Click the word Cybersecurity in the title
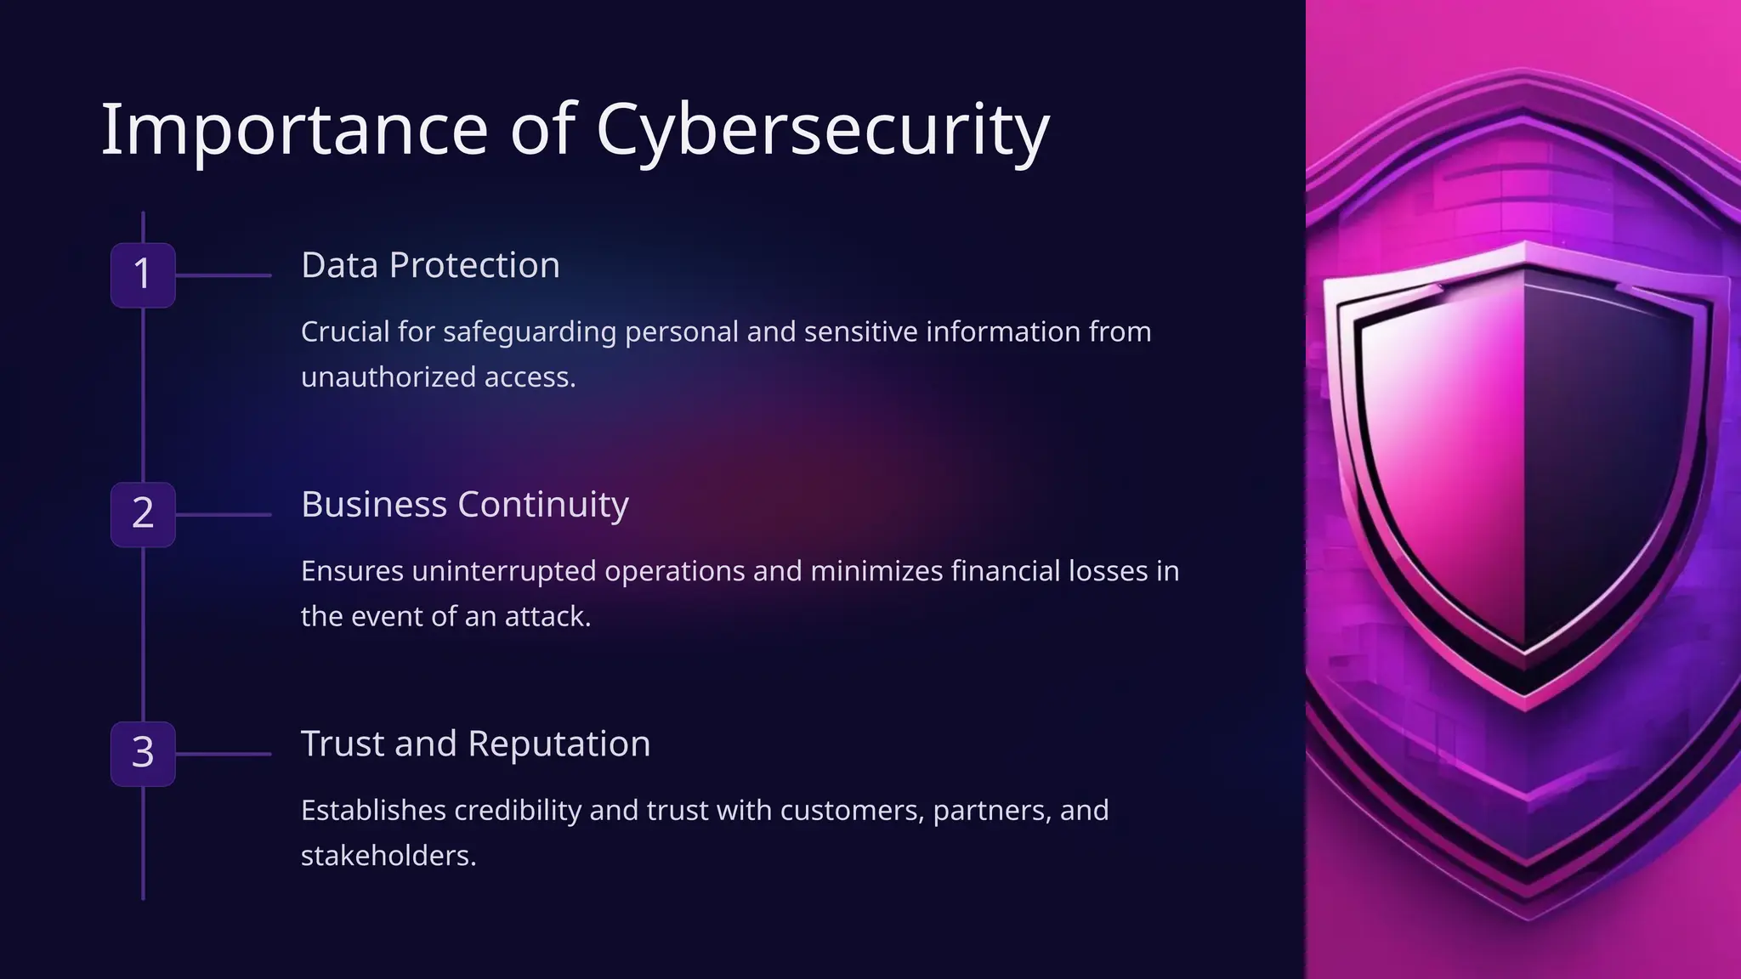click(x=822, y=130)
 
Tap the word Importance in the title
click(x=294, y=130)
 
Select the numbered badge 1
click(x=143, y=274)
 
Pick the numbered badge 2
click(x=143, y=514)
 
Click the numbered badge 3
click(x=143, y=754)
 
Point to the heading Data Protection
click(x=430, y=265)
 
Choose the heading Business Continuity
click(x=464, y=505)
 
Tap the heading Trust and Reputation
click(x=475, y=744)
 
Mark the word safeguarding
click(x=529, y=332)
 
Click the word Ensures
click(x=352, y=571)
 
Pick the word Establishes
click(x=373, y=811)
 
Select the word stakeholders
click(x=388, y=856)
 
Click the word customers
click(x=851, y=811)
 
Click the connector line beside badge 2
click(x=223, y=514)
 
